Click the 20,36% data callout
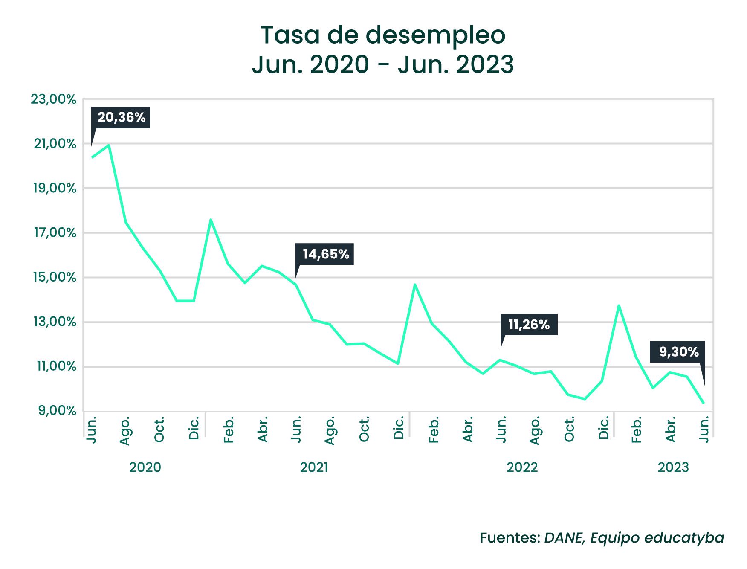click(x=121, y=117)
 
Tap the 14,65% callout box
click(x=325, y=254)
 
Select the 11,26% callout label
click(x=529, y=325)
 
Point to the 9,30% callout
click(x=678, y=352)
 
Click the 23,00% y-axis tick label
click(x=53, y=99)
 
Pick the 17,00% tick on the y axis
click(x=55, y=233)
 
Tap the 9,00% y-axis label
click(x=57, y=411)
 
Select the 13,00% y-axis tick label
click(x=55, y=322)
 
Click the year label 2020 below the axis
click(x=145, y=467)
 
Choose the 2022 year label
click(x=522, y=467)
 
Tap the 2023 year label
click(x=673, y=467)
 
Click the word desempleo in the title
click(x=435, y=36)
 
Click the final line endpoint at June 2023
click(x=704, y=403)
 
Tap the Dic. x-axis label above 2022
click(x=603, y=428)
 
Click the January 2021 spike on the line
click(x=211, y=220)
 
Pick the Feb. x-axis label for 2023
click(x=637, y=430)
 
